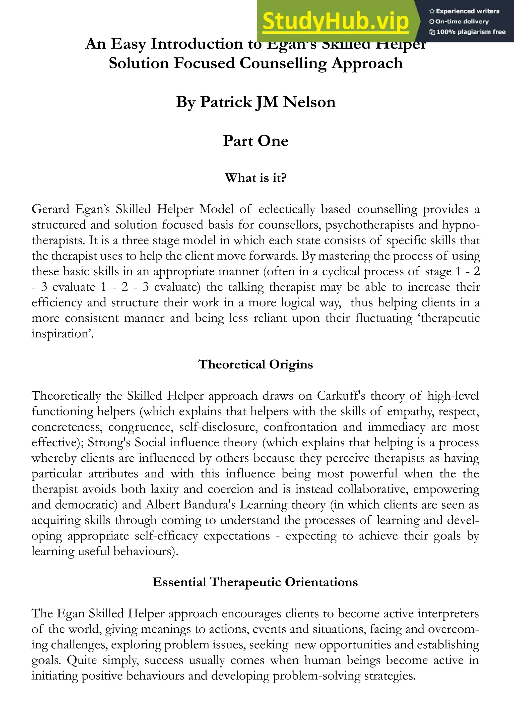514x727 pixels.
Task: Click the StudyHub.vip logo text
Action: pos(336,22)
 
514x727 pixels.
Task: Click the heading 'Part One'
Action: pos(256,141)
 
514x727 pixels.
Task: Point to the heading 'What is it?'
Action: pos(256,178)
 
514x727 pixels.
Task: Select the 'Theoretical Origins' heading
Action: pos(256,365)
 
